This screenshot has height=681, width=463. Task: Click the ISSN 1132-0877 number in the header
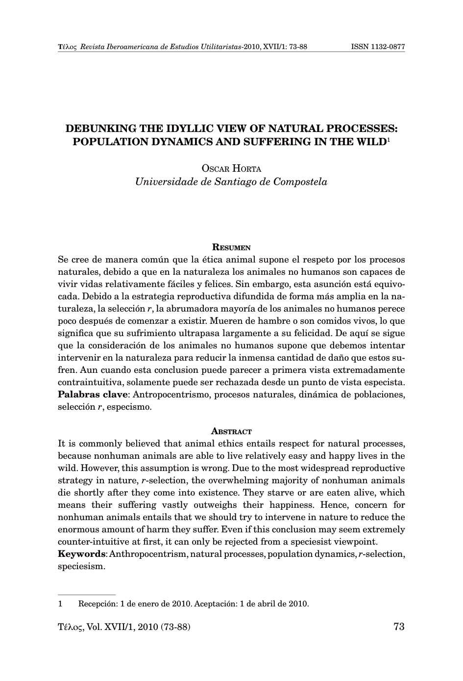[378, 48]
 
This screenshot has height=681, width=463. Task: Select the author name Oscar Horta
[231, 169]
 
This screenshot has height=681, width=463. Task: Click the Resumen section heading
[231, 247]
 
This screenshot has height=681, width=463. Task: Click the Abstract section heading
[231, 432]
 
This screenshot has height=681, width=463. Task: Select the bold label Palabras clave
[93, 394]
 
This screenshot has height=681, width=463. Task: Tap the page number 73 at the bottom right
[399, 627]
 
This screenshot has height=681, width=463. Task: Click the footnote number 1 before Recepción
[60, 603]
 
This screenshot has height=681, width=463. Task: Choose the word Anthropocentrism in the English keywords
[149, 554]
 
